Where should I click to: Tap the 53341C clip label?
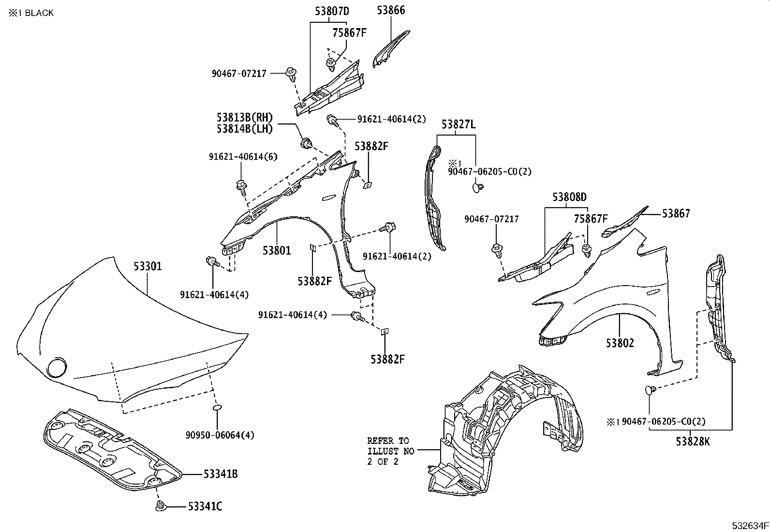206,507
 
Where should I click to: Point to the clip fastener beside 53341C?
161,507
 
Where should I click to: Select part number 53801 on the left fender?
277,250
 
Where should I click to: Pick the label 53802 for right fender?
620,343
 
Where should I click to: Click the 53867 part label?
676,213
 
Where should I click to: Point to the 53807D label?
332,11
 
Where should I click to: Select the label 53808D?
570,198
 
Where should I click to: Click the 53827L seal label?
458,125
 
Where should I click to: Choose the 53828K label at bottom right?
693,441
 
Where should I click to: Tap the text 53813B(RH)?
245,118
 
